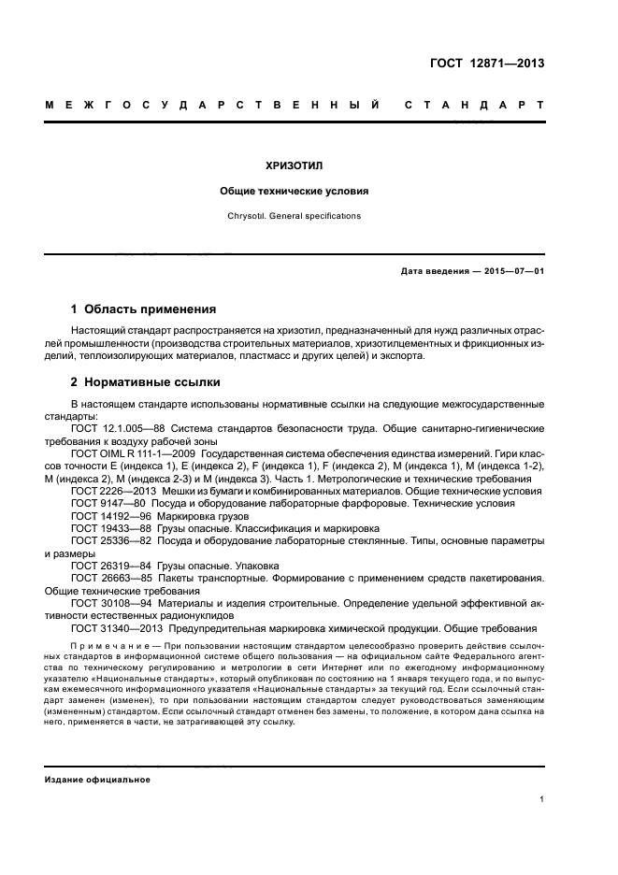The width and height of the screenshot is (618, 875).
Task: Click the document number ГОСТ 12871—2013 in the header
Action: (x=488, y=64)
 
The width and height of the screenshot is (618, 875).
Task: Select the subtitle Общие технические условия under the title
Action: (x=294, y=192)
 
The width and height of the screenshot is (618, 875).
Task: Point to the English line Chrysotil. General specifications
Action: (x=294, y=216)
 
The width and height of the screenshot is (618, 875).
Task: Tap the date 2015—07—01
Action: (x=512, y=272)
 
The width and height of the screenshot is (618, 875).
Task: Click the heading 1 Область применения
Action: (x=144, y=308)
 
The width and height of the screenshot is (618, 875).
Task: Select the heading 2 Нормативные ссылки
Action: (x=147, y=382)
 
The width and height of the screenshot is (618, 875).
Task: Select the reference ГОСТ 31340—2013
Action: (x=113, y=628)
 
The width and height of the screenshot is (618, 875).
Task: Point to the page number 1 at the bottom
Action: (x=542, y=799)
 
